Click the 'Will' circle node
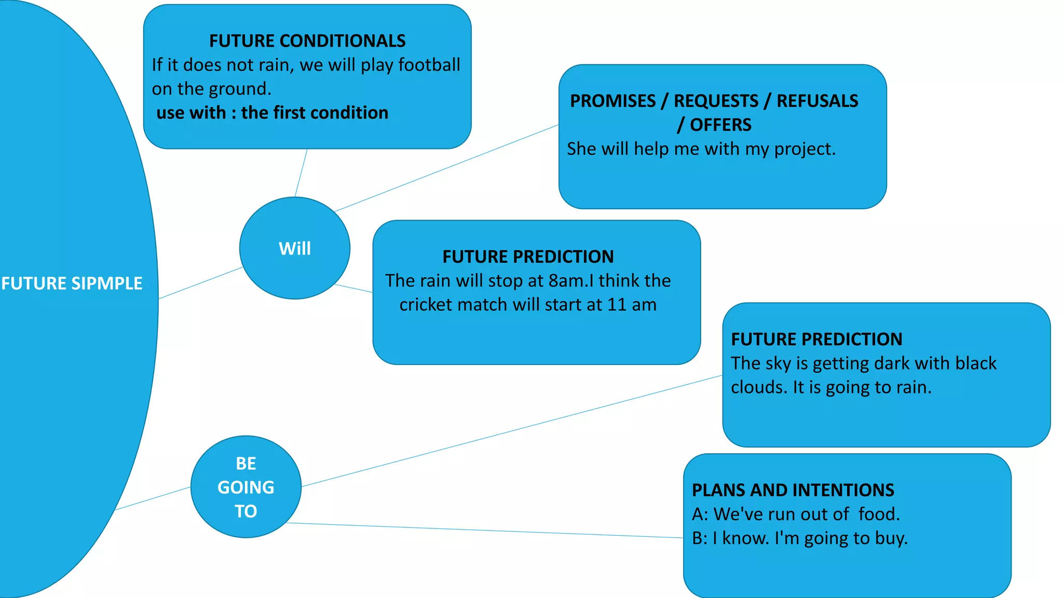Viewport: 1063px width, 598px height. [294, 248]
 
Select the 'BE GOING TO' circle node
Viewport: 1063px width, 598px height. [246, 487]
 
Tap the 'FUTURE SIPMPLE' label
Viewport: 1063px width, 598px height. [72, 283]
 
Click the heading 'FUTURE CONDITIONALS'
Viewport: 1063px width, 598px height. [307, 40]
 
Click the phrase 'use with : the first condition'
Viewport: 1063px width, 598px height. [272, 113]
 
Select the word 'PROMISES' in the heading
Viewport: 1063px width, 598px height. [612, 101]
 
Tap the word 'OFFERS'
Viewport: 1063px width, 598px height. [720, 125]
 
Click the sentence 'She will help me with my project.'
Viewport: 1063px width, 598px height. [701, 149]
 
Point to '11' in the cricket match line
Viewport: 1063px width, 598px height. [617, 305]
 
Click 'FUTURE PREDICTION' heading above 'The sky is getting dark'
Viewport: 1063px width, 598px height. [816, 339]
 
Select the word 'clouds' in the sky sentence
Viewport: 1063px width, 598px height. [759, 387]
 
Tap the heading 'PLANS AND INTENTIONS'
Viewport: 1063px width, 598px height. [793, 490]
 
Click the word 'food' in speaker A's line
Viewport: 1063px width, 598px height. [878, 514]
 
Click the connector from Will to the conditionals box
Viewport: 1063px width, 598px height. [301, 173]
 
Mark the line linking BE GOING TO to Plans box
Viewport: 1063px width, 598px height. [483, 531]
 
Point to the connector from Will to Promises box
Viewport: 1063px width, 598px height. [446, 168]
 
